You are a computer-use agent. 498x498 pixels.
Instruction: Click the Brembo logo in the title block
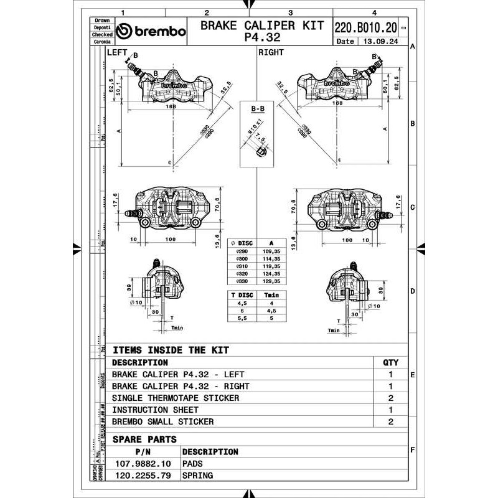[x=151, y=32]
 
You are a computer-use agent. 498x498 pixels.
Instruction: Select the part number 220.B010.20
[x=366, y=27]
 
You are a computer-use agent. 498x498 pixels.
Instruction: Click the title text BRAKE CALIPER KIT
[x=261, y=26]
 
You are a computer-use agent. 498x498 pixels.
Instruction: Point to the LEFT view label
[x=116, y=52]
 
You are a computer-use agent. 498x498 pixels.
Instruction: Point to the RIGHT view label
[x=271, y=52]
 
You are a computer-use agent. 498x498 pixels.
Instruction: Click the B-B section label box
[x=258, y=109]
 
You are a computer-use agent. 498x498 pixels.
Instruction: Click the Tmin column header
[x=271, y=296]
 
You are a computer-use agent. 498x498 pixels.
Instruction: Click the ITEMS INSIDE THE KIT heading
[x=171, y=350]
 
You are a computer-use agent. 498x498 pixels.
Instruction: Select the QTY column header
[x=390, y=362]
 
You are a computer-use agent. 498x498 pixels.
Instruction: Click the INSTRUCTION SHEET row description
[x=155, y=410]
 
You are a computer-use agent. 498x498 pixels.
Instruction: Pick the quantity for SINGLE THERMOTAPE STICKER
[x=390, y=398]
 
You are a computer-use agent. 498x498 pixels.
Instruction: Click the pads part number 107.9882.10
[x=142, y=464]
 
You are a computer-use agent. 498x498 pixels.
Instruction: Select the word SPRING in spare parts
[x=197, y=476]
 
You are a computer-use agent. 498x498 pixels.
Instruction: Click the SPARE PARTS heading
[x=144, y=439]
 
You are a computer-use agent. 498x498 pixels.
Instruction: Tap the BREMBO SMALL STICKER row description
[x=162, y=421]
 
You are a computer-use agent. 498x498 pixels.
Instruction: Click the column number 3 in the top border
[x=290, y=12]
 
